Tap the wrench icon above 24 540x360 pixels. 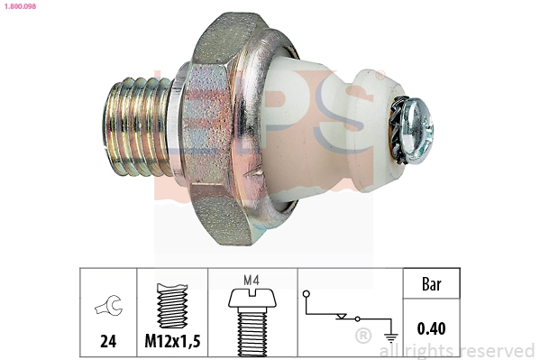(x=107, y=309)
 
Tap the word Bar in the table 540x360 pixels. (x=431, y=284)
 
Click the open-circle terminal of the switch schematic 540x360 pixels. (x=307, y=293)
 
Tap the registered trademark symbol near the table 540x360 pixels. (x=362, y=337)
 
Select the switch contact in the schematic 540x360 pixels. (x=343, y=317)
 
